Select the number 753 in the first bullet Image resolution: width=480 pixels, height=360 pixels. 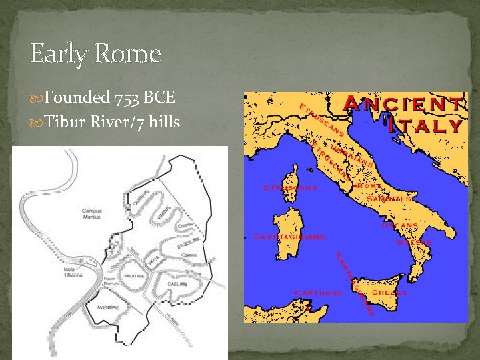pos(127,98)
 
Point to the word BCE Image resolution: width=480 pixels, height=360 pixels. pos(160,98)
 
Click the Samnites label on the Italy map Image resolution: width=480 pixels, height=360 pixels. pos(393,198)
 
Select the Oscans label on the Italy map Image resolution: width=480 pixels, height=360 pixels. pos(400,225)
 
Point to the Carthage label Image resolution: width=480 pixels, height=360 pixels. pos(319,293)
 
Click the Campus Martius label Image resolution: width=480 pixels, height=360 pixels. pos(91,213)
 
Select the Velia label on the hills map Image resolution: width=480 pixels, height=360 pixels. pos(153,262)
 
